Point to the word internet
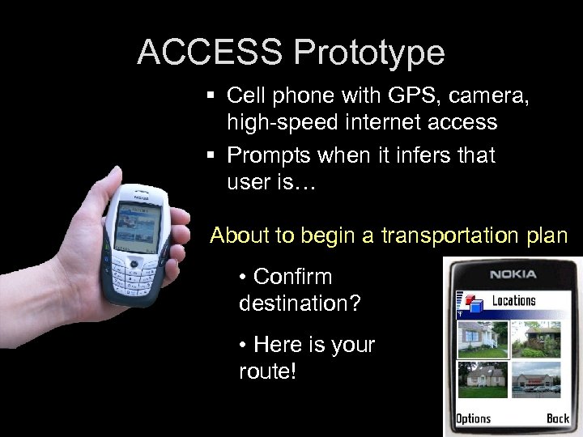tap(379, 122)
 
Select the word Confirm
tap(292, 277)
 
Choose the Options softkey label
tap(473, 418)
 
